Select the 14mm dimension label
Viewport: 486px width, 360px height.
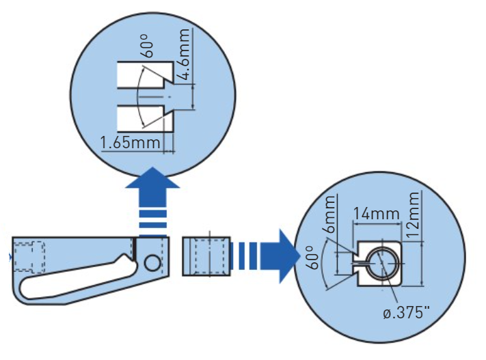(375, 214)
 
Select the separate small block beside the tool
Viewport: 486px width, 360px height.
(206, 255)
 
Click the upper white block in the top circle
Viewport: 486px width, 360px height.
(142, 74)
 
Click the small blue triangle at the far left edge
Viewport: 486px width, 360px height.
(9, 258)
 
